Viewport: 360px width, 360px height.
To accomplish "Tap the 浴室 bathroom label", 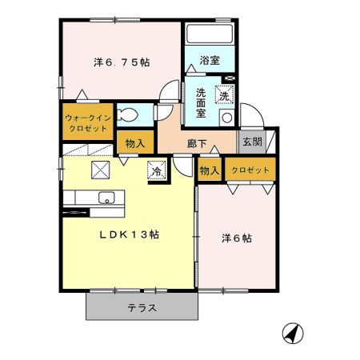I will (210, 60).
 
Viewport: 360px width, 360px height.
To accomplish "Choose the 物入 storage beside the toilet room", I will (134, 143).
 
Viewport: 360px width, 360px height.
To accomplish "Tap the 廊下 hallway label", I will (198, 144).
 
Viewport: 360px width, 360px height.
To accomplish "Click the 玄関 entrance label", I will (251, 142).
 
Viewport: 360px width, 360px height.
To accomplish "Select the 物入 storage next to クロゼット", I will (209, 170).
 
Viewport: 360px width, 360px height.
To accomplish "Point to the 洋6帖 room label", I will (237, 238).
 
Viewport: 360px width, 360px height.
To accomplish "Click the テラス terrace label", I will (141, 307).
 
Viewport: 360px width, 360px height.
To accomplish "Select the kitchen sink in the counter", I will (106, 198).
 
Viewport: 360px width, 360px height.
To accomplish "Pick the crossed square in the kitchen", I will (102, 168).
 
